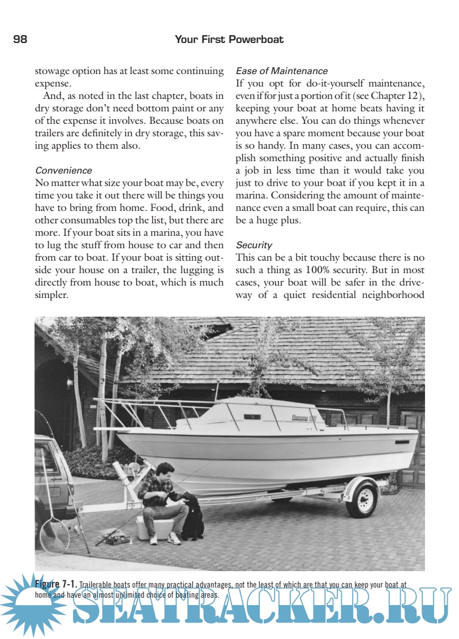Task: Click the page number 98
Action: (20, 40)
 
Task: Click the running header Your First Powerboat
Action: (229, 40)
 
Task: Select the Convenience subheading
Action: (63, 170)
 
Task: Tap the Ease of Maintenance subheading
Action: (281, 71)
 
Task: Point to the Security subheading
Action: (254, 245)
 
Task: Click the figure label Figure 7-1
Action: (55, 583)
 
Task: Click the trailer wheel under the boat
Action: (362, 498)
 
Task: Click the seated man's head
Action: (164, 470)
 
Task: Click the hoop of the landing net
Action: (54, 535)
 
